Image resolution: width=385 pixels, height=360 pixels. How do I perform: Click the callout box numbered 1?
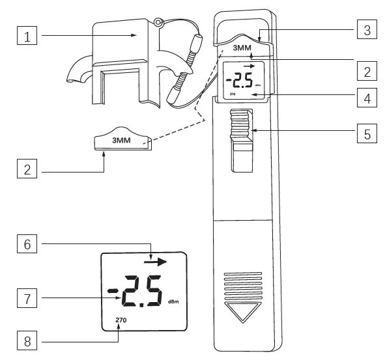pos(26,37)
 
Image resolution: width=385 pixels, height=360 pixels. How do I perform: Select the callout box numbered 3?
pos(367,30)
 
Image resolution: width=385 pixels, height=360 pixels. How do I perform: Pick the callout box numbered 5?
pos(367,134)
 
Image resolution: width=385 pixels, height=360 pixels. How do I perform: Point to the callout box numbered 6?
pos(26,245)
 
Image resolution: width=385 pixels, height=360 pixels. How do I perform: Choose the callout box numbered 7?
pos(26,299)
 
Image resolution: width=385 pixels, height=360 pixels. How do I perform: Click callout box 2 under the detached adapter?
pos(26,172)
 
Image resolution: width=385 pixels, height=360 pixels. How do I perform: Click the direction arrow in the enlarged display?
pos(156,262)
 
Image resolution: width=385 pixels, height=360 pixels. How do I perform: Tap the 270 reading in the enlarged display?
pos(121,320)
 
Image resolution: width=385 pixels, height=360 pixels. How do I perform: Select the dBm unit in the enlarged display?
pos(173,302)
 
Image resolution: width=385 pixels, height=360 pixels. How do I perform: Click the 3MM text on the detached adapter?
pos(121,139)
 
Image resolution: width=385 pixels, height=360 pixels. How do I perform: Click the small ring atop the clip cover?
pos(157,23)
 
